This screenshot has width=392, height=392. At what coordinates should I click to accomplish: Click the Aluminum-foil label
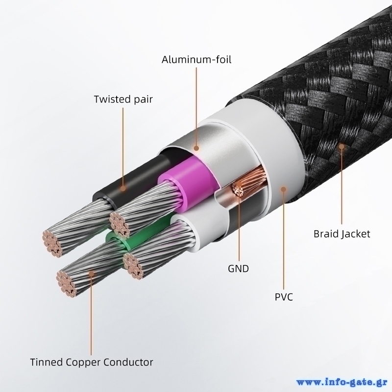click(x=196, y=60)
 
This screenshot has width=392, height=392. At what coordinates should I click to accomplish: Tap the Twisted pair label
click(x=123, y=99)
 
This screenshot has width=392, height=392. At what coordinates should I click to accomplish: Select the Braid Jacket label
click(x=342, y=234)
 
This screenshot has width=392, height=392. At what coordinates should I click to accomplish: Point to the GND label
click(x=239, y=269)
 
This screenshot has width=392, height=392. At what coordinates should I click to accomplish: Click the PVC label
click(x=284, y=297)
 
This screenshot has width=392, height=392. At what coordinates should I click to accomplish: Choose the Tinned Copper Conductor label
click(x=92, y=362)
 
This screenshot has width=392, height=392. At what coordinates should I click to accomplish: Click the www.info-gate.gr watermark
click(x=342, y=383)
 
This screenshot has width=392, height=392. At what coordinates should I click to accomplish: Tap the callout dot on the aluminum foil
click(x=196, y=148)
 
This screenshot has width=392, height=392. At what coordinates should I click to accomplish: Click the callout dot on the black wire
click(x=123, y=188)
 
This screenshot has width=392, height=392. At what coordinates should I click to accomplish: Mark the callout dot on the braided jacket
click(x=342, y=147)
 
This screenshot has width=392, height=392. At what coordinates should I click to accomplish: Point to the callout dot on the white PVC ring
click(x=283, y=189)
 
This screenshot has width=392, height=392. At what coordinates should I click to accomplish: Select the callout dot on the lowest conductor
click(x=92, y=273)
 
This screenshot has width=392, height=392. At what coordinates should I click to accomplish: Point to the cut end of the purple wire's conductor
click(x=120, y=223)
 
